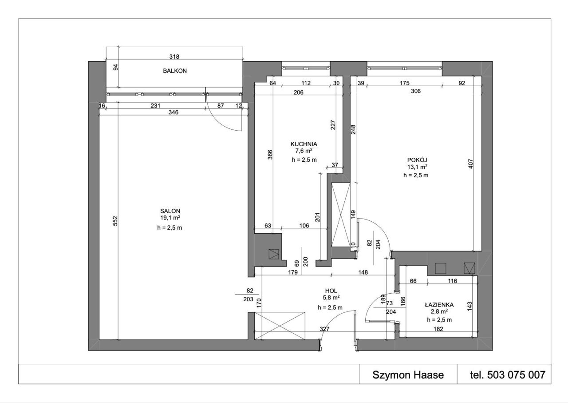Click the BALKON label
(x=175, y=71)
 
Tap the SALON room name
(x=170, y=211)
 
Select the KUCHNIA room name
(x=304, y=144)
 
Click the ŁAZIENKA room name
(x=439, y=304)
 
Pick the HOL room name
(x=331, y=291)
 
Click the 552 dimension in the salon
(x=115, y=221)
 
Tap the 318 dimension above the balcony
(x=174, y=56)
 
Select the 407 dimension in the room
(x=470, y=164)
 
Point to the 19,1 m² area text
(x=170, y=218)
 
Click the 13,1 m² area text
(x=417, y=167)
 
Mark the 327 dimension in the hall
(x=324, y=329)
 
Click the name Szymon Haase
(x=408, y=375)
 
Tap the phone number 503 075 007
(x=516, y=375)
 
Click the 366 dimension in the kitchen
(x=270, y=155)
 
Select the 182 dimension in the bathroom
(x=438, y=329)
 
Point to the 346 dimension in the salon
(x=174, y=112)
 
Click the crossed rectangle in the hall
(x=280, y=326)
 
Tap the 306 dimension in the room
(x=416, y=91)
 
